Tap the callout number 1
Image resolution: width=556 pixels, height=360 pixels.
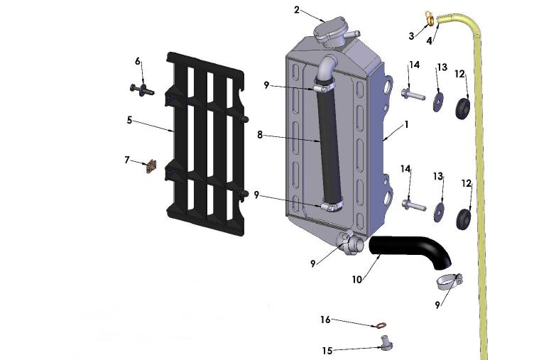point(406,124)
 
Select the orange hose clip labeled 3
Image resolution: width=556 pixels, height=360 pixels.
point(430,18)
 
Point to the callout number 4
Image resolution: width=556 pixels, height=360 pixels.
point(428,40)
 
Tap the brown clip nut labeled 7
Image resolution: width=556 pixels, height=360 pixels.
point(150,167)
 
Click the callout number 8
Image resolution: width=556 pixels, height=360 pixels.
point(260,133)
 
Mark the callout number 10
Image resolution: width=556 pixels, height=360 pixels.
point(357,280)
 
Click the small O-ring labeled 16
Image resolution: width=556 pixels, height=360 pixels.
point(382,326)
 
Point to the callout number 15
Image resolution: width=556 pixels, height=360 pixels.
point(327,351)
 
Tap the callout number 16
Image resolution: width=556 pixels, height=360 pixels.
point(325,320)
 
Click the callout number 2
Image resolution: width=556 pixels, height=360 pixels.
point(297,10)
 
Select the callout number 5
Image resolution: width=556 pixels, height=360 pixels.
point(130,120)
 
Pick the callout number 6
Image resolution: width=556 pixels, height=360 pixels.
point(138,61)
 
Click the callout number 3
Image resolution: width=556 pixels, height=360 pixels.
point(411,36)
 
